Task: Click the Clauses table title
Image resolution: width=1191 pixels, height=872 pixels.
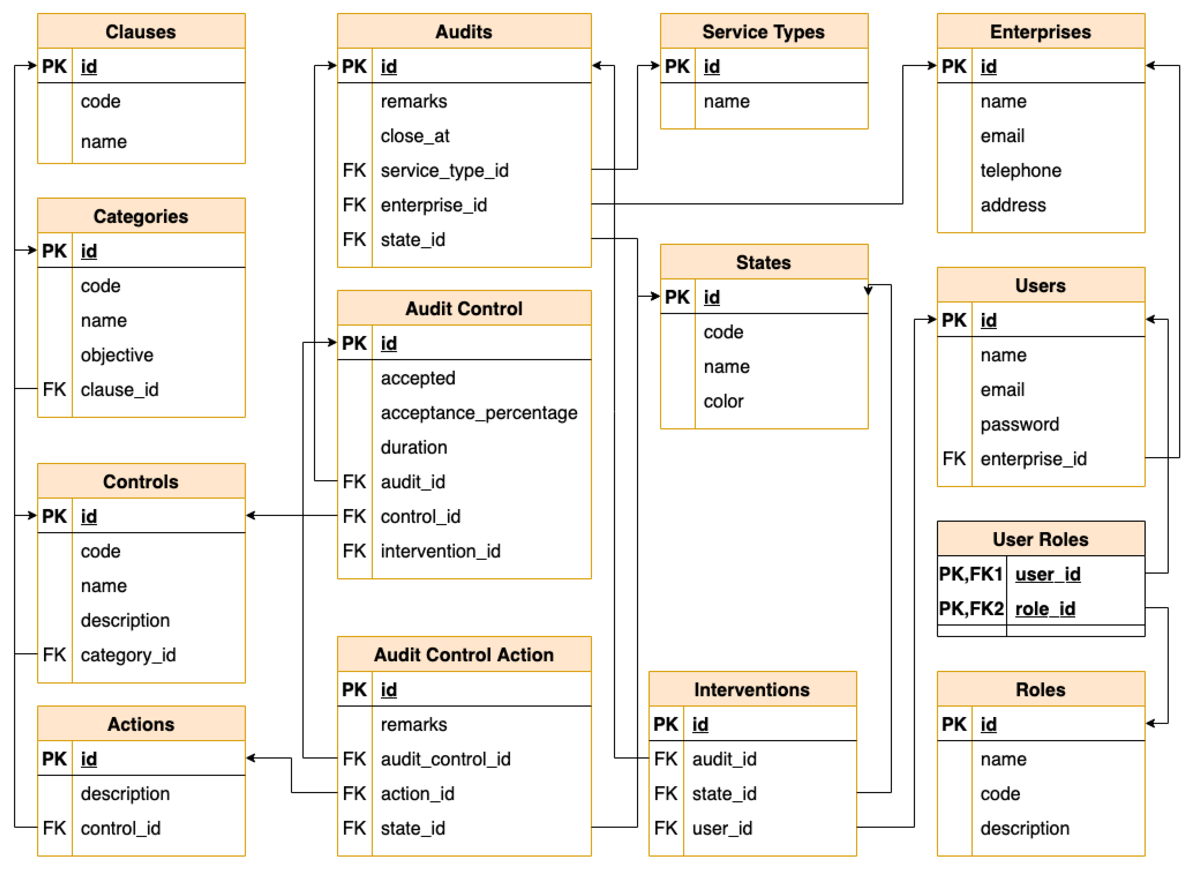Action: click(x=141, y=32)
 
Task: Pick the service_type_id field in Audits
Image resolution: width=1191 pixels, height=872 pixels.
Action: click(x=444, y=170)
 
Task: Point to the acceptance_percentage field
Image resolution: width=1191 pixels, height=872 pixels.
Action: click(x=479, y=413)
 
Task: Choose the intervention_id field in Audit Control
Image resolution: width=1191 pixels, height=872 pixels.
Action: click(x=440, y=551)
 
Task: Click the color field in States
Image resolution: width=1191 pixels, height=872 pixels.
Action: click(x=723, y=401)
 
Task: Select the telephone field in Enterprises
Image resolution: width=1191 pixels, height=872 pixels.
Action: click(x=1021, y=170)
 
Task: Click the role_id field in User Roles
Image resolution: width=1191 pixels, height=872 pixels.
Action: click(x=1045, y=609)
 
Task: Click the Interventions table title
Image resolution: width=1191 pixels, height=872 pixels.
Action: click(x=752, y=689)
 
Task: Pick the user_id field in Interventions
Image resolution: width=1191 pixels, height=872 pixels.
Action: click(x=722, y=828)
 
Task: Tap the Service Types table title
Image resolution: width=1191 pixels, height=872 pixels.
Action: click(x=763, y=32)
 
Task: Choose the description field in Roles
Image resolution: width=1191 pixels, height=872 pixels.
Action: click(x=1025, y=828)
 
